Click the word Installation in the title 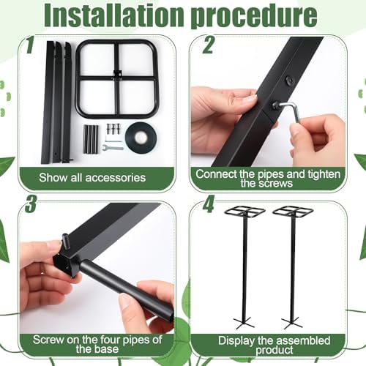click(x=114, y=15)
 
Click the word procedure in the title click(x=254, y=18)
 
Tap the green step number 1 click(x=30, y=45)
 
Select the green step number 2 click(x=208, y=45)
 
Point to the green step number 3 click(x=31, y=203)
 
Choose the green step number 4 click(x=208, y=203)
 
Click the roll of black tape click(x=141, y=137)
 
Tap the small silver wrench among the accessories click(x=113, y=147)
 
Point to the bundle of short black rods click(x=91, y=139)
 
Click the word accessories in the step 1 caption click(x=116, y=178)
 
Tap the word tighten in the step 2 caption click(x=324, y=174)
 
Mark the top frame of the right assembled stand click(x=293, y=211)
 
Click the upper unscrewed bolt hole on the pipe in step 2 click(x=289, y=80)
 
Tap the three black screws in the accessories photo click(x=113, y=129)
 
